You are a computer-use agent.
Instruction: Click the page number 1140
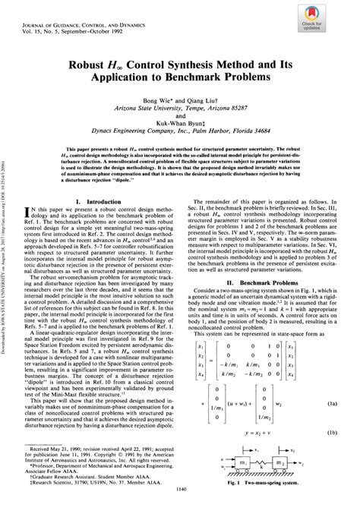[x=180, y=507]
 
